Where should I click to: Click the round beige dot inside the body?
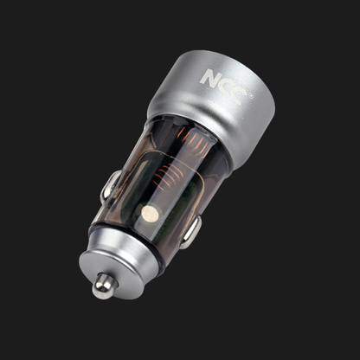tap(148, 213)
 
